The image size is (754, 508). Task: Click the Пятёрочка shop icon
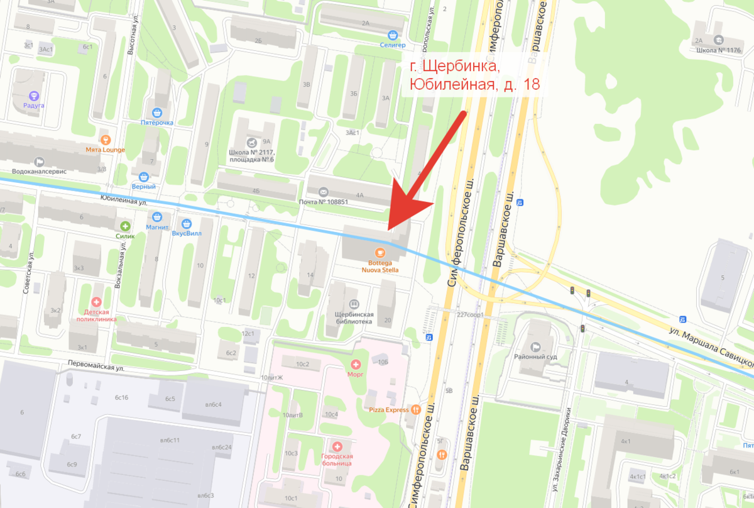[x=156, y=112]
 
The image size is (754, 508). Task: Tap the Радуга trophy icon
[x=34, y=96]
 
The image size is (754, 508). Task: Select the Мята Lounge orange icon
[x=106, y=139]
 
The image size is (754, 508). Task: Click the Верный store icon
[x=144, y=177]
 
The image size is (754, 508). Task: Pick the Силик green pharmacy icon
[x=125, y=226]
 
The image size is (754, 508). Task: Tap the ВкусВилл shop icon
[x=186, y=224]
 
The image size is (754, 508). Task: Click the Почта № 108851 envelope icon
[x=323, y=192]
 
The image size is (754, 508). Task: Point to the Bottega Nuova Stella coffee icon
[x=380, y=252]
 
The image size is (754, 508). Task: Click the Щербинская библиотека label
[x=354, y=317]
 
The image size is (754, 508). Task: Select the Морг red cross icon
[x=356, y=364]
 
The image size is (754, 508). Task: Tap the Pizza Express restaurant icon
[x=415, y=410]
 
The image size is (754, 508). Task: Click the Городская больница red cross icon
[x=336, y=446]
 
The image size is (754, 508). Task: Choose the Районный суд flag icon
[x=536, y=346]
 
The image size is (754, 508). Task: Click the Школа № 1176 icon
[x=719, y=40]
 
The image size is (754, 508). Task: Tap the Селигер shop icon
[x=393, y=35]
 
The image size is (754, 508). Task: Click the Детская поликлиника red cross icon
[x=97, y=302]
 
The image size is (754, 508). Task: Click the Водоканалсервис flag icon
[x=40, y=161]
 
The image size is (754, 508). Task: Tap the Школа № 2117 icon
[x=252, y=142]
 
